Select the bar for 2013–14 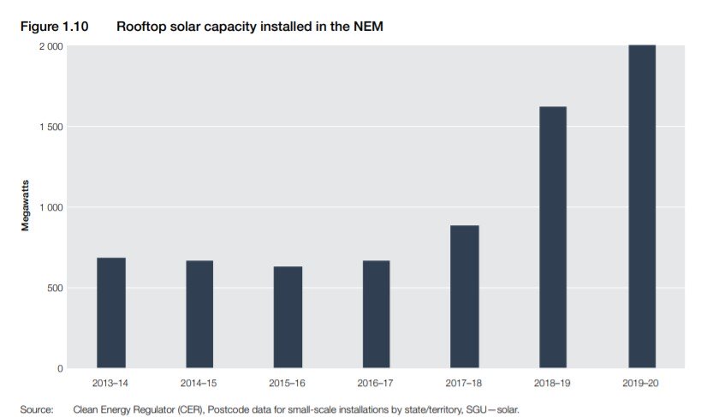pyautogui.click(x=111, y=313)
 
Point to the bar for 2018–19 pyautogui.click(x=553, y=237)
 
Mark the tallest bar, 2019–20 pyautogui.click(x=642, y=206)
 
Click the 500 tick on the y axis pyautogui.click(x=52, y=288)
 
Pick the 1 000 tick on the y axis pyautogui.click(x=48, y=207)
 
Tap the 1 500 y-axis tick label pyautogui.click(x=48, y=127)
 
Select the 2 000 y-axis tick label pyautogui.click(x=48, y=46)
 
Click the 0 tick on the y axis pyautogui.click(x=59, y=368)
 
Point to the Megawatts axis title pyautogui.click(x=27, y=207)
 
